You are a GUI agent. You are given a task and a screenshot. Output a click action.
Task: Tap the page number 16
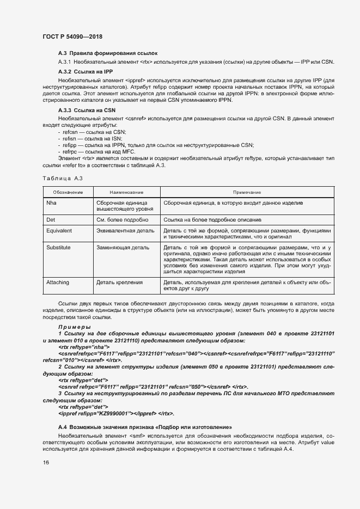tap(46, 463)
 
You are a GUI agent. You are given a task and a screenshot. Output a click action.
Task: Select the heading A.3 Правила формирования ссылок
tap(107, 53)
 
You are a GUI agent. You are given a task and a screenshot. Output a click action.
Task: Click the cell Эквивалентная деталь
tap(125, 231)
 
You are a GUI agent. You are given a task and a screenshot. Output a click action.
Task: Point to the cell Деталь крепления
tap(119, 282)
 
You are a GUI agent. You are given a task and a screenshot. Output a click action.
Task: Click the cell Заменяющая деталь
tap(123, 248)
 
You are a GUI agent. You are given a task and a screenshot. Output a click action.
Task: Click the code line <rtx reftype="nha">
tap(84, 347)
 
